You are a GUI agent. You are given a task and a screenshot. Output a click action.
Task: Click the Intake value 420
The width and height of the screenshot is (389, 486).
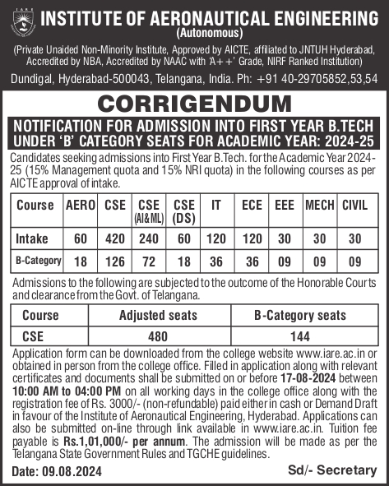[x=115, y=238]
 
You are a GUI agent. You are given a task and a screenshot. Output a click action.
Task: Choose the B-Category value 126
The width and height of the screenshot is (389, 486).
[x=115, y=261]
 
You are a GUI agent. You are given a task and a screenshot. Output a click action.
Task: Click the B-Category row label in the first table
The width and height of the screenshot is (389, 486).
[x=36, y=261]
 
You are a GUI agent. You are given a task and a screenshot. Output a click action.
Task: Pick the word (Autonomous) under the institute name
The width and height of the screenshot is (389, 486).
[x=209, y=34]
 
